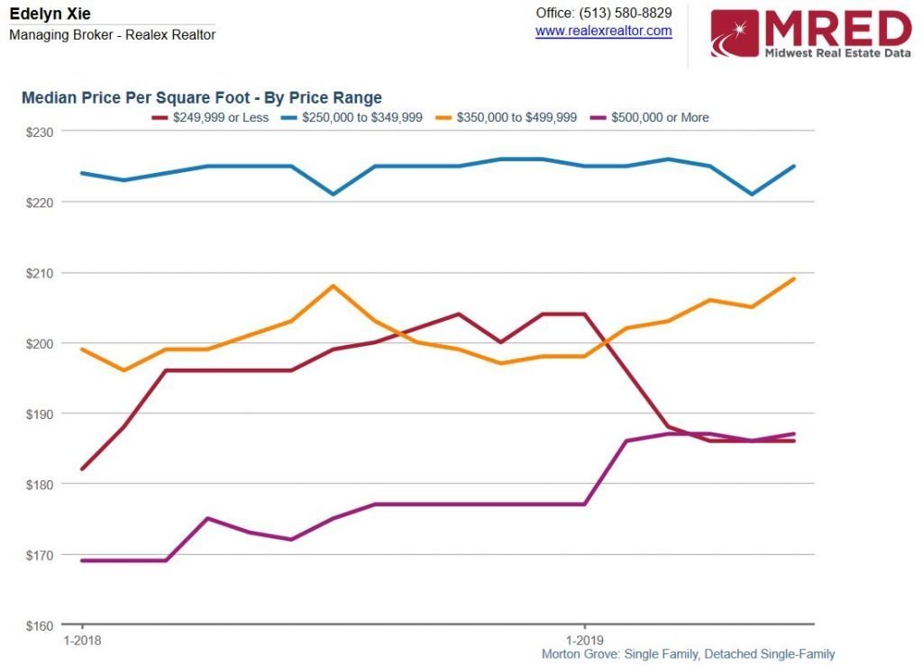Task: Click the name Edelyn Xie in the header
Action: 50,14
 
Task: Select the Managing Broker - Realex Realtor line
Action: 112,35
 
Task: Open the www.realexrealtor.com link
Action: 603,31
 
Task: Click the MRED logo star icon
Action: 735,33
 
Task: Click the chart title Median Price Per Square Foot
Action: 201,97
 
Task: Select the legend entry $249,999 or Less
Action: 220,117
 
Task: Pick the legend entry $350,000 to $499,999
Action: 516,117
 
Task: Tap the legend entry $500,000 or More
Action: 660,117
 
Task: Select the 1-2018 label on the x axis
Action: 83,640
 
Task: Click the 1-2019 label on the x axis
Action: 585,640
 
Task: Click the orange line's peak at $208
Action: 334,287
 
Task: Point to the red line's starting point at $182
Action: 83,469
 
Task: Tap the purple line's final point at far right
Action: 793,434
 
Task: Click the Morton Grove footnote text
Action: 688,654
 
